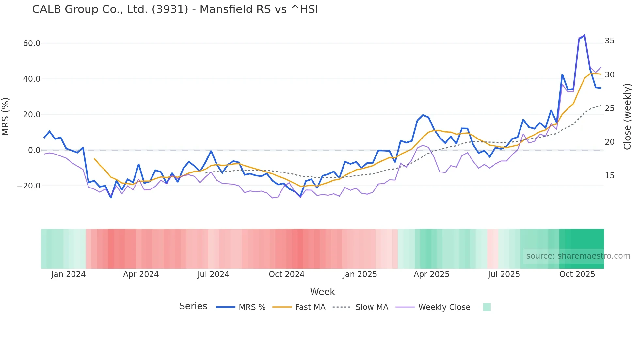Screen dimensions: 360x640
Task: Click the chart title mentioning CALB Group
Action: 175,9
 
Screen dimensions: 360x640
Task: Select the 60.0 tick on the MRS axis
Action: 32,43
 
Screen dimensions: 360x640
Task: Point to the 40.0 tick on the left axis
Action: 32,79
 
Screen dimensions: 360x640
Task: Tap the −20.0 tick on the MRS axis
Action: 29,186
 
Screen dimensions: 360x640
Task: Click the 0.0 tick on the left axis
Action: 34,150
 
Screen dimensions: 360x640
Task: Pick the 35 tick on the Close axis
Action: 609,41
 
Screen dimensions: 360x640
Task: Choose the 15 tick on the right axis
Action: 609,176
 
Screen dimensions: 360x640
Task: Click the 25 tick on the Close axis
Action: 609,108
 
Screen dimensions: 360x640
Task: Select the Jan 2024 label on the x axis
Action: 68,274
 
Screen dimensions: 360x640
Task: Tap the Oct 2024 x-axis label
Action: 286,274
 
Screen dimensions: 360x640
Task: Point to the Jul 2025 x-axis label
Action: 504,274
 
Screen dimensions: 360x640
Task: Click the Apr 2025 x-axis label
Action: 431,274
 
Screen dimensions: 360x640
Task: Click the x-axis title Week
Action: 322,292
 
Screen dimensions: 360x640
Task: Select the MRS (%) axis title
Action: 6,117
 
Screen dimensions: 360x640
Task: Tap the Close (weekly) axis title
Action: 627,117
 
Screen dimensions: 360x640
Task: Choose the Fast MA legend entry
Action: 310,307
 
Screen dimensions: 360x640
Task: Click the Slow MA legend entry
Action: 372,307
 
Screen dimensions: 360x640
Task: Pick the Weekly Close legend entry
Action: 444,307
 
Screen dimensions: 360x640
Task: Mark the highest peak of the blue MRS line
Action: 584,35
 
